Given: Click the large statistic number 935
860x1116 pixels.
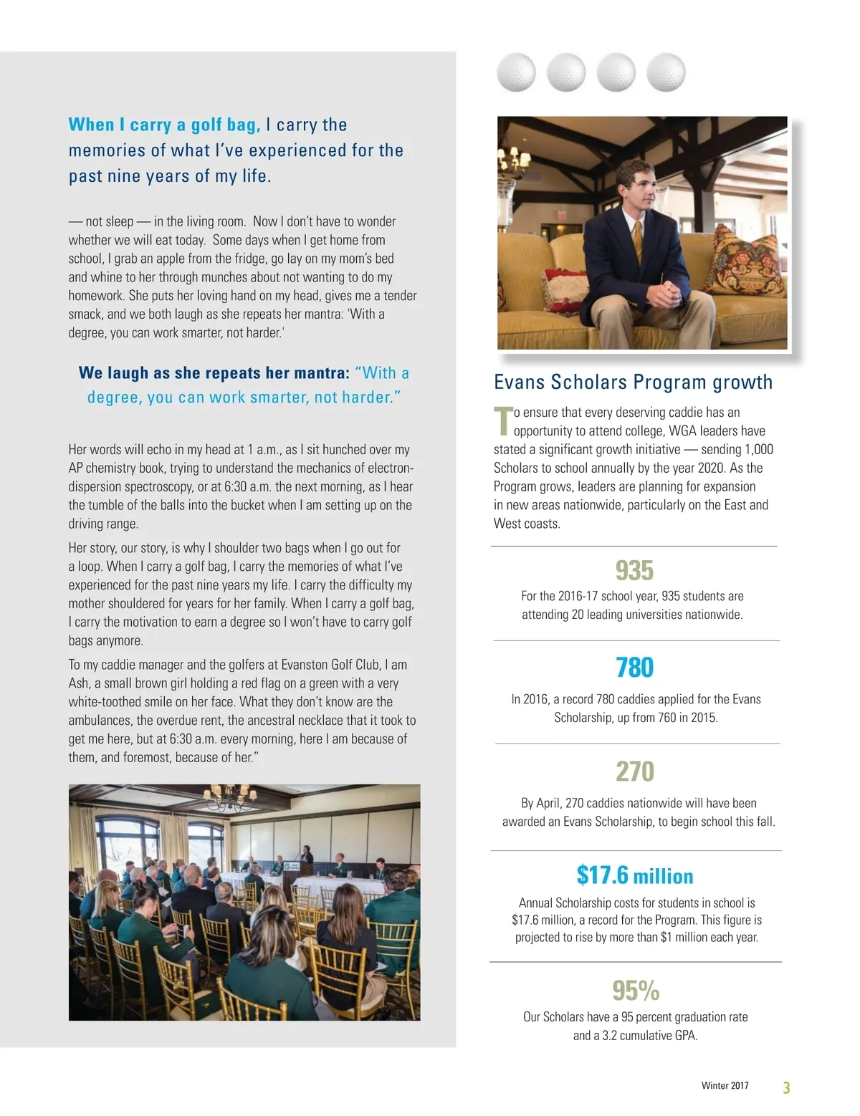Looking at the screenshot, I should (x=634, y=571).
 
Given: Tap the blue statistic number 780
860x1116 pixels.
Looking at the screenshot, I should (x=634, y=668).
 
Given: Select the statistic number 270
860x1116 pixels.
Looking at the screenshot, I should (x=634, y=771).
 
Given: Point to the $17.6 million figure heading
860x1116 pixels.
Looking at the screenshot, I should (x=634, y=875).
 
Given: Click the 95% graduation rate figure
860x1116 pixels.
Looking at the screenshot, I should (x=635, y=991).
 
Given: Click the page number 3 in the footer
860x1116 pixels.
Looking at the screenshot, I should (x=786, y=1088).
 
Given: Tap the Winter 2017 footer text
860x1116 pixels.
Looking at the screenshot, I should (x=725, y=1086).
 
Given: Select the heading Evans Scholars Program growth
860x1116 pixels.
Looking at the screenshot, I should (x=633, y=382).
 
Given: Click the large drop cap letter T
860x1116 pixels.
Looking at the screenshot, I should (x=503, y=421).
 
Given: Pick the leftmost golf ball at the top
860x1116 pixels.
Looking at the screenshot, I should (x=516, y=72).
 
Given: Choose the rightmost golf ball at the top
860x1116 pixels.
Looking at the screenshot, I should (x=666, y=72).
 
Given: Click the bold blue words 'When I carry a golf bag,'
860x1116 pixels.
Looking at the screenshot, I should (x=164, y=125).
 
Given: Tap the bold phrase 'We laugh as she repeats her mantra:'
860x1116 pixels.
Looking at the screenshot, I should (x=214, y=373).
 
